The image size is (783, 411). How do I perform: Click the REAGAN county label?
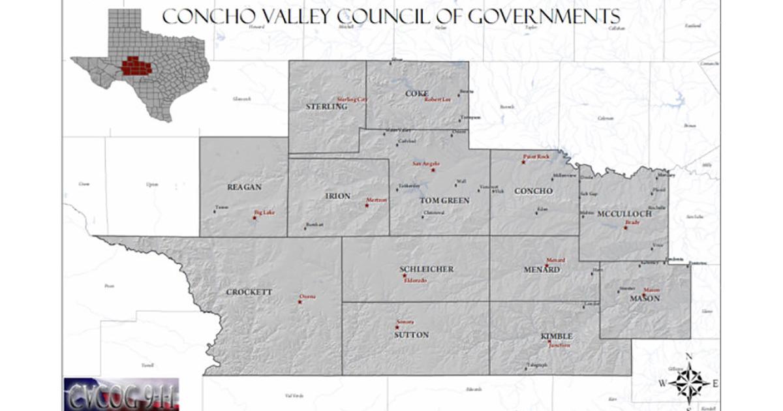tap(244, 187)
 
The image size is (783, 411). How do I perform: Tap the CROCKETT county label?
tap(249, 292)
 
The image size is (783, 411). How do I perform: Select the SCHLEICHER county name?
tap(426, 269)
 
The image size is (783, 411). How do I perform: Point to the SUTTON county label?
tap(411, 335)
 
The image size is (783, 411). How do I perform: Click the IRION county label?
tap(337, 196)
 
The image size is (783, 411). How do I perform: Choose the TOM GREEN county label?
tap(444, 200)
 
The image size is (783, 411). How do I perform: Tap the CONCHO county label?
tap(533, 191)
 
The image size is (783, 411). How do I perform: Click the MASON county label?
tap(645, 299)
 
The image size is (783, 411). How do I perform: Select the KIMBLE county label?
tap(556, 336)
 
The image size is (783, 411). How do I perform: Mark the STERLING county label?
tap(326, 106)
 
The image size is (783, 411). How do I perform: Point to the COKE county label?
tap(417, 93)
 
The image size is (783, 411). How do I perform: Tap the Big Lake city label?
tap(264, 212)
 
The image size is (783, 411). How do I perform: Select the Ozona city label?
tap(307, 296)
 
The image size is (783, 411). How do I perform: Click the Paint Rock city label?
tap(536, 157)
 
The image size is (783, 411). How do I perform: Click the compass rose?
tap(689, 381)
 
